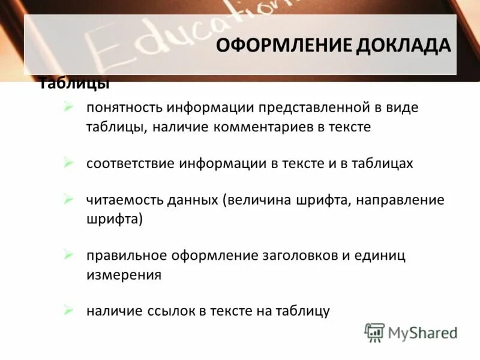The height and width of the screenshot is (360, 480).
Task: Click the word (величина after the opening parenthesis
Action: (x=257, y=200)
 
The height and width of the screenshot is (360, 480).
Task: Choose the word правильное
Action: (x=125, y=256)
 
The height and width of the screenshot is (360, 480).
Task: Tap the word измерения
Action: (x=123, y=275)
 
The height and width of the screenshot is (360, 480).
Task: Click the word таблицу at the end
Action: (x=302, y=311)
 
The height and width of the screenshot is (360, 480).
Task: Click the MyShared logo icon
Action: (x=374, y=332)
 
